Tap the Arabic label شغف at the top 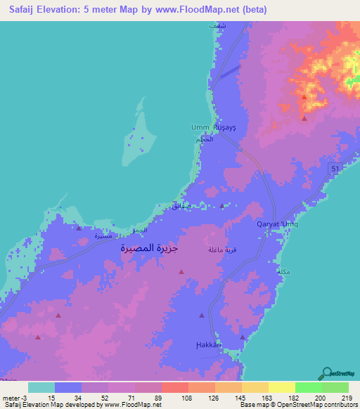218,25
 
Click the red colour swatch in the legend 174,387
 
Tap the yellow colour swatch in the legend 281,387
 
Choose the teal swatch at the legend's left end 41,387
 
